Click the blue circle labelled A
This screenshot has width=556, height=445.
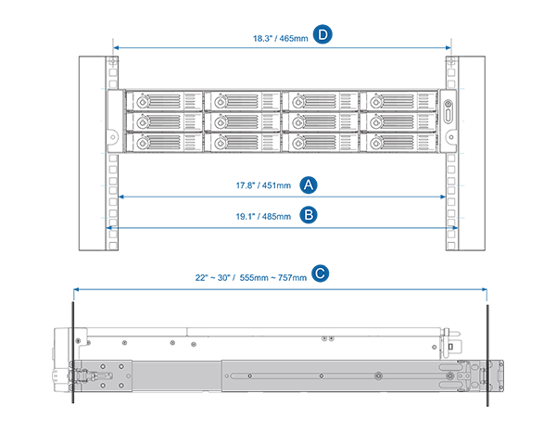point(310,184)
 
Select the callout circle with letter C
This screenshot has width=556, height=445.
point(320,273)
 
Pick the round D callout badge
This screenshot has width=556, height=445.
point(322,34)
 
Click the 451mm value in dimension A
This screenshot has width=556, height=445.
point(275,185)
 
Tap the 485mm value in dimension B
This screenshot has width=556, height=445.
point(275,215)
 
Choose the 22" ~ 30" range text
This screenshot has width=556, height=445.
point(211,277)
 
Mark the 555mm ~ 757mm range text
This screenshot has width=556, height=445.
point(272,277)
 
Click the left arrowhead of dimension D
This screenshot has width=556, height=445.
point(115,48)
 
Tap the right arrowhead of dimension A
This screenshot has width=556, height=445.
point(445,196)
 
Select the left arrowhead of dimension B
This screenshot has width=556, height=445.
point(109,226)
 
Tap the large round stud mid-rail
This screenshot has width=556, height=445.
point(378,375)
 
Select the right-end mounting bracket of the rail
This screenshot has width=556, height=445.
point(491,376)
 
